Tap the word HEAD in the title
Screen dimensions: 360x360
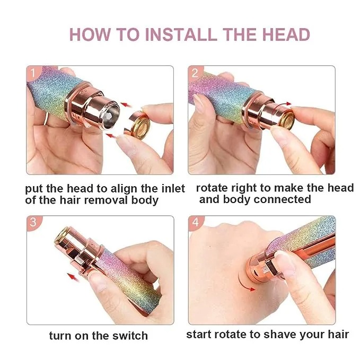click(x=286, y=34)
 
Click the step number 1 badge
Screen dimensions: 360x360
click(x=33, y=73)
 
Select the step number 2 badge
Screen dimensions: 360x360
click(x=195, y=73)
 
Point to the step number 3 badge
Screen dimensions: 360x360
click(x=33, y=222)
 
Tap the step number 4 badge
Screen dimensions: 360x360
click(x=196, y=222)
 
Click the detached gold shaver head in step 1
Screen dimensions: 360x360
click(x=138, y=124)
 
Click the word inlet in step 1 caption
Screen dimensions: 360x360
click(x=173, y=189)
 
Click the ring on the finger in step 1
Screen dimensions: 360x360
click(x=47, y=119)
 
